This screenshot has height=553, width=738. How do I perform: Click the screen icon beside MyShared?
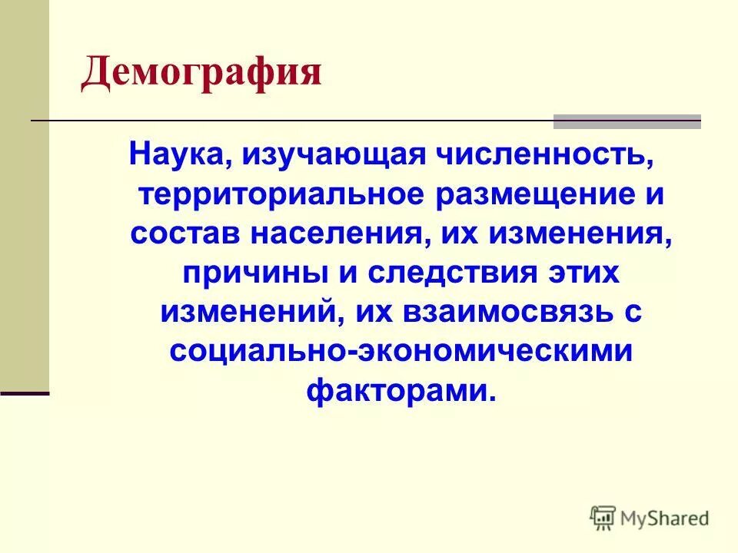click(603, 518)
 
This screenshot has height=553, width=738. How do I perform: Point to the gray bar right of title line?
click(627, 121)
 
